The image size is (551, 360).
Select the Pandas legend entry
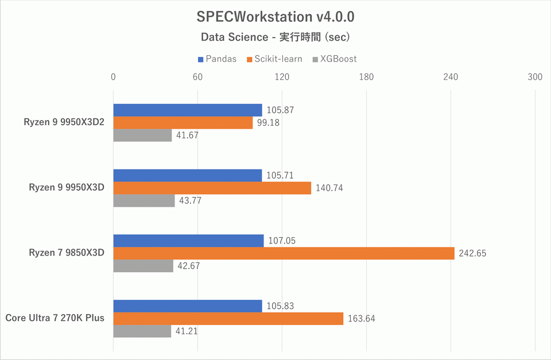tap(217, 59)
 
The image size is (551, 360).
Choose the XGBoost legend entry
tap(334, 59)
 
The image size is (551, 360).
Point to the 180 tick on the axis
tap(366, 77)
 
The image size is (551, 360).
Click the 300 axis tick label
tap(535, 77)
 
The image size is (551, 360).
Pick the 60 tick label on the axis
tap(197, 77)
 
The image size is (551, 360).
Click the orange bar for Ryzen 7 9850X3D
tap(284, 253)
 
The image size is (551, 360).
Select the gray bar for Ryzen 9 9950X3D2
tap(142, 136)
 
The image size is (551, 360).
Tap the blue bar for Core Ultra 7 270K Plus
tap(188, 306)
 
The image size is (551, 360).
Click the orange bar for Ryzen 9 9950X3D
tap(212, 188)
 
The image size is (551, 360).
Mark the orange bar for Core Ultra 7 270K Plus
tap(228, 319)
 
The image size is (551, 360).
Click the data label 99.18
tap(268, 123)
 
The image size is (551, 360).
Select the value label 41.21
tap(187, 331)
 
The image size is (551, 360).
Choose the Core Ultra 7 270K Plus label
tap(55, 318)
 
